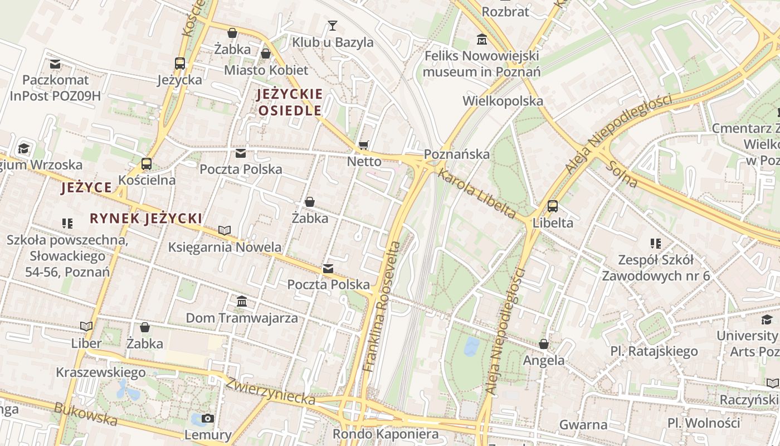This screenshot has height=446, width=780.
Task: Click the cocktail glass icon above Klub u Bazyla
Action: pyautogui.click(x=333, y=26)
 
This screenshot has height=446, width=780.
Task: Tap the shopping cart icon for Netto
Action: pyautogui.click(x=364, y=146)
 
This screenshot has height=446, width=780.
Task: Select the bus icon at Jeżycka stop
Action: pyautogui.click(x=179, y=64)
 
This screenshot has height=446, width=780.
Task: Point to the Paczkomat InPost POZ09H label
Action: pyautogui.click(x=55, y=88)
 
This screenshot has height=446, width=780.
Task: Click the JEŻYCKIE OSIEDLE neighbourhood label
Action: pyautogui.click(x=289, y=102)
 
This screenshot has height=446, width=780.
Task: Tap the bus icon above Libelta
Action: pyautogui.click(x=552, y=206)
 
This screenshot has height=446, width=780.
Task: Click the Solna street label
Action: pyautogui.click(x=623, y=173)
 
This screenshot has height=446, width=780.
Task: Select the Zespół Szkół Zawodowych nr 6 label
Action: pyautogui.click(x=655, y=268)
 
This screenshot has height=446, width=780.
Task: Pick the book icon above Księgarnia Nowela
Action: pyautogui.click(x=225, y=230)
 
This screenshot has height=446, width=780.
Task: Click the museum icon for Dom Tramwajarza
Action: pyautogui.click(x=242, y=302)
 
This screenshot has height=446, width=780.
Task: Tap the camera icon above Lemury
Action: pyautogui.click(x=207, y=419)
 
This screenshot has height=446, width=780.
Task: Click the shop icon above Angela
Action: pyautogui.click(x=543, y=345)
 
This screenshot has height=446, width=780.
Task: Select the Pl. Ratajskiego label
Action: pyautogui.click(x=654, y=351)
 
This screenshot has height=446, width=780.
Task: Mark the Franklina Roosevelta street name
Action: pyautogui.click(x=382, y=306)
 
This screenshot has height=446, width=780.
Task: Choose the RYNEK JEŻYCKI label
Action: pyautogui.click(x=145, y=219)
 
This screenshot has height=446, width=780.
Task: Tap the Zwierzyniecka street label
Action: pyautogui.click(x=270, y=390)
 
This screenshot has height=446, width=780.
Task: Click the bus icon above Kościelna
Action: pyautogui.click(x=147, y=164)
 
